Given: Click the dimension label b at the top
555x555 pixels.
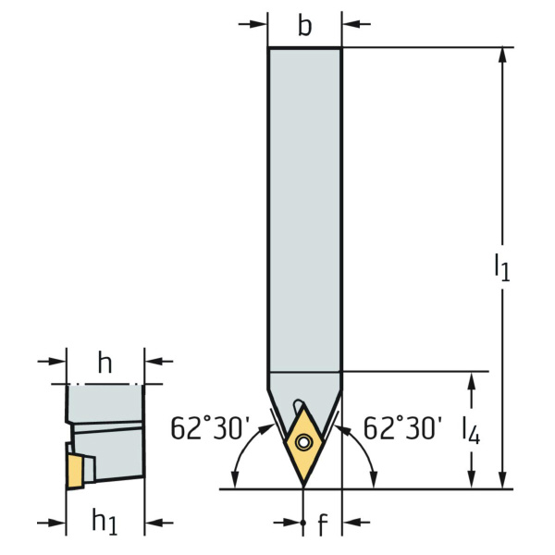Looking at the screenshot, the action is (x=304, y=26).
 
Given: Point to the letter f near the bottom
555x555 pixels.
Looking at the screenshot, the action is (x=321, y=524).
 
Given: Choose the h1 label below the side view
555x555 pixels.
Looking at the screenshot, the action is (x=104, y=521).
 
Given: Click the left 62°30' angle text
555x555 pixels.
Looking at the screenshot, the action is (x=210, y=428).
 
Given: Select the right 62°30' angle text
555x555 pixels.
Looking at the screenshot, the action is (x=402, y=428).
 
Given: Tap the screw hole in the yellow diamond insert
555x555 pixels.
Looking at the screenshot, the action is (x=303, y=442).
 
